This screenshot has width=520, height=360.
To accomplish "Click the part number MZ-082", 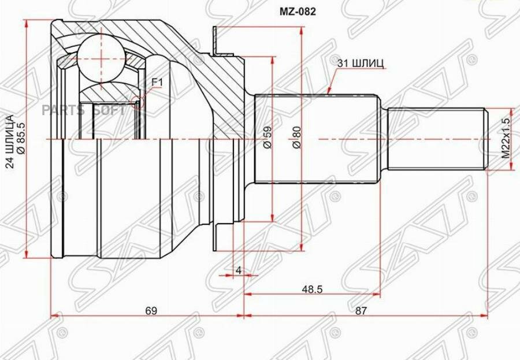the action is click(x=297, y=12).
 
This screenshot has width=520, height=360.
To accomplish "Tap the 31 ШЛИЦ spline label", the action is click(x=360, y=63).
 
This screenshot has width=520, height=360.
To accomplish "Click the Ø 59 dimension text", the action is click(x=267, y=137).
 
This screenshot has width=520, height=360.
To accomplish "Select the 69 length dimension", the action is click(x=151, y=311).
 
